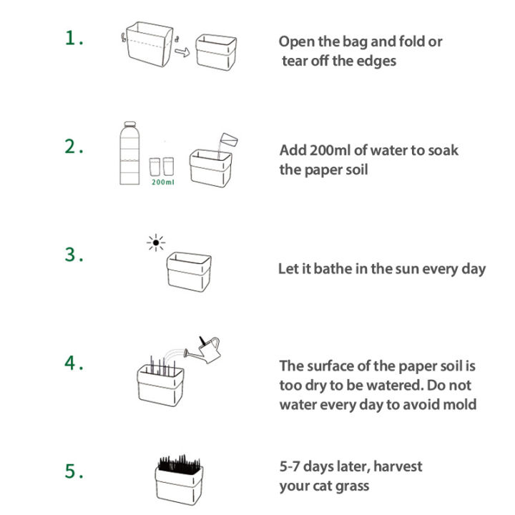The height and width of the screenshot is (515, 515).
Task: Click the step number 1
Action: coord(74,39)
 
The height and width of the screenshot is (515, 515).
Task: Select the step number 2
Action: coord(74,147)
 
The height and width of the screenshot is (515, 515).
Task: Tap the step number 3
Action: coord(74,255)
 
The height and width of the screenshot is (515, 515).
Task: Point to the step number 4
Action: coord(74,363)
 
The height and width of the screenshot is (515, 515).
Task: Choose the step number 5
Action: coord(74,471)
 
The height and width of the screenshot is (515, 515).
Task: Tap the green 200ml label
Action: coord(162,182)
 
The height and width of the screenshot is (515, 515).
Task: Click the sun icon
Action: coord(155,243)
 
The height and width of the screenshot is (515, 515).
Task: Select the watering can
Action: coord(203,350)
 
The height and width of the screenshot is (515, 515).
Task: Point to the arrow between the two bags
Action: coord(182,52)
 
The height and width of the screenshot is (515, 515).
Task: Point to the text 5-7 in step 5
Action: coord(293,466)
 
